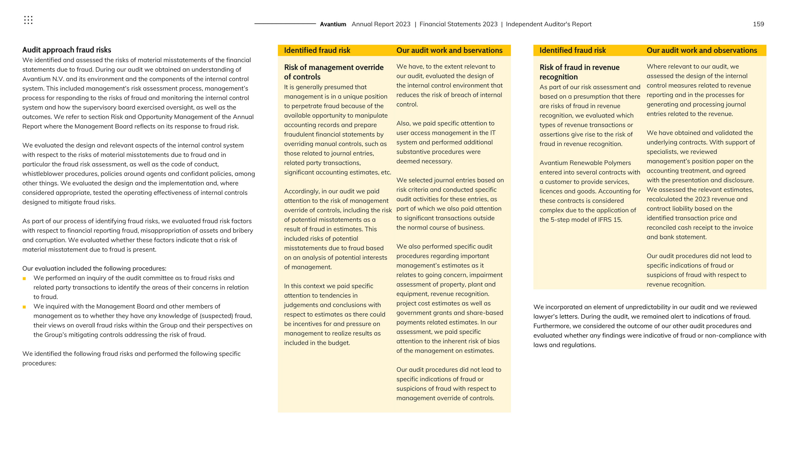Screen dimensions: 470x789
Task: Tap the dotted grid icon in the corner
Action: (x=28, y=20)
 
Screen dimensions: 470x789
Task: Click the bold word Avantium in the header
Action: (x=333, y=24)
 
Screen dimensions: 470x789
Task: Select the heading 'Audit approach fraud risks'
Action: (x=66, y=50)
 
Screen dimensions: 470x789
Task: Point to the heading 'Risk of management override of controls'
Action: (x=333, y=72)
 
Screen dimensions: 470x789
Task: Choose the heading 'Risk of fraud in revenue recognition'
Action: (x=579, y=72)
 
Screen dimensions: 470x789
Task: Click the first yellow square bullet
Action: (x=24, y=279)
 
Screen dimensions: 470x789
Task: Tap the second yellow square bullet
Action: (x=24, y=307)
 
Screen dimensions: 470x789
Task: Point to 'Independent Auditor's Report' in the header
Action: (x=548, y=24)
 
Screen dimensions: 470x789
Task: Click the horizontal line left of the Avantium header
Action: (x=285, y=24)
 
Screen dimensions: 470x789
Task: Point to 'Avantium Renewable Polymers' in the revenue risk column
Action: (x=585, y=163)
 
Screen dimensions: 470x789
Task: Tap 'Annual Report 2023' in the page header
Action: (x=381, y=24)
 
